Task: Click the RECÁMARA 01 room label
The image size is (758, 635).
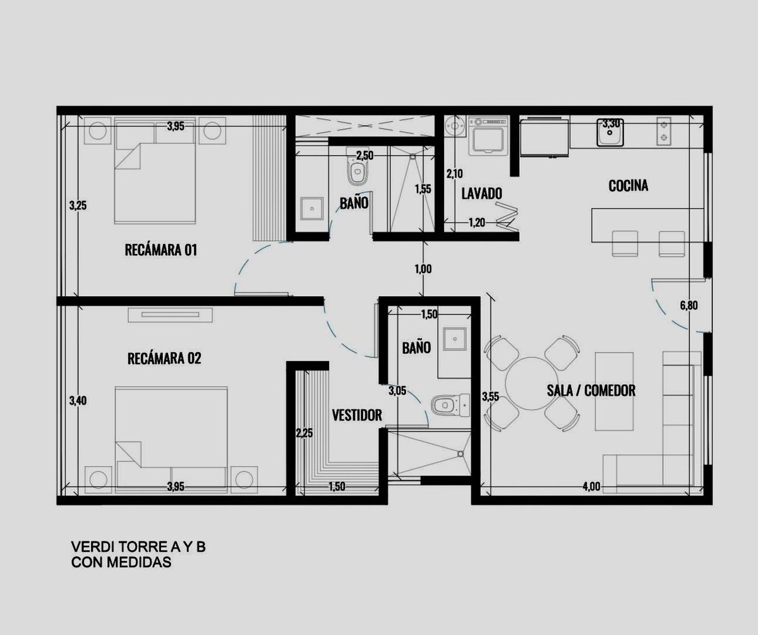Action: (x=161, y=250)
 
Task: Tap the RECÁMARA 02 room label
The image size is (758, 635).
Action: (x=164, y=358)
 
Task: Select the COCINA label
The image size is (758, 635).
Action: (x=628, y=186)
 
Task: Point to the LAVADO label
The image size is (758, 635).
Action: (x=482, y=193)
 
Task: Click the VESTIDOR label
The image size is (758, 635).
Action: (x=357, y=415)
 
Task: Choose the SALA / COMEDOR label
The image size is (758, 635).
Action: (x=591, y=390)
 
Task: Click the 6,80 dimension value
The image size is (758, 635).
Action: (x=689, y=306)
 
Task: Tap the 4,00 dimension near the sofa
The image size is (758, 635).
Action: (x=591, y=487)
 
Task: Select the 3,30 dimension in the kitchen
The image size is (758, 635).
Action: (x=611, y=124)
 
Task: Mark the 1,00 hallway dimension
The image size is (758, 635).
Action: (x=423, y=269)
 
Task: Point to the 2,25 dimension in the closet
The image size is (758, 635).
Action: (x=304, y=433)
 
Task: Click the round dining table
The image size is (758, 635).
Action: (x=532, y=384)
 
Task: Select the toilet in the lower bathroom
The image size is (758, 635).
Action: (x=450, y=405)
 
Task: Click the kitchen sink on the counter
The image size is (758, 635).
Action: (x=610, y=132)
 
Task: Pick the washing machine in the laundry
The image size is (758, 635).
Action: (x=488, y=136)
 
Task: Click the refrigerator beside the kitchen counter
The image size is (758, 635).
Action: (x=544, y=136)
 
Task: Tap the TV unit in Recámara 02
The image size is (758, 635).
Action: (x=171, y=315)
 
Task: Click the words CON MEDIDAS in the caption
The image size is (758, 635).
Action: (x=121, y=562)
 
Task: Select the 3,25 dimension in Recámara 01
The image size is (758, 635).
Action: (x=78, y=206)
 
